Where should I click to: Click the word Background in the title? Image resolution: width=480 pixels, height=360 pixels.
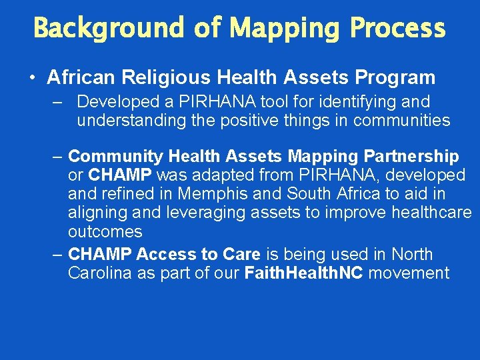point(108,28)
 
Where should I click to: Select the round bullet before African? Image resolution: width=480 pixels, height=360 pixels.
point(33,79)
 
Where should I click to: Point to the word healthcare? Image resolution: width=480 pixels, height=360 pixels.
point(433,213)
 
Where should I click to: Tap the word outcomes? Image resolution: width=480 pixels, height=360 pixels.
point(105,231)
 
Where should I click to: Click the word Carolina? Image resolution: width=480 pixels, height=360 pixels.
point(101,273)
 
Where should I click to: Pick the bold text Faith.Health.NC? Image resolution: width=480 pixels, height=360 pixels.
point(303,273)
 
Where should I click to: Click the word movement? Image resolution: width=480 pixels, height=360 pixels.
point(409,273)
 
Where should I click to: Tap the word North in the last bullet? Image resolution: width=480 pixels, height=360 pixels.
point(412,255)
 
